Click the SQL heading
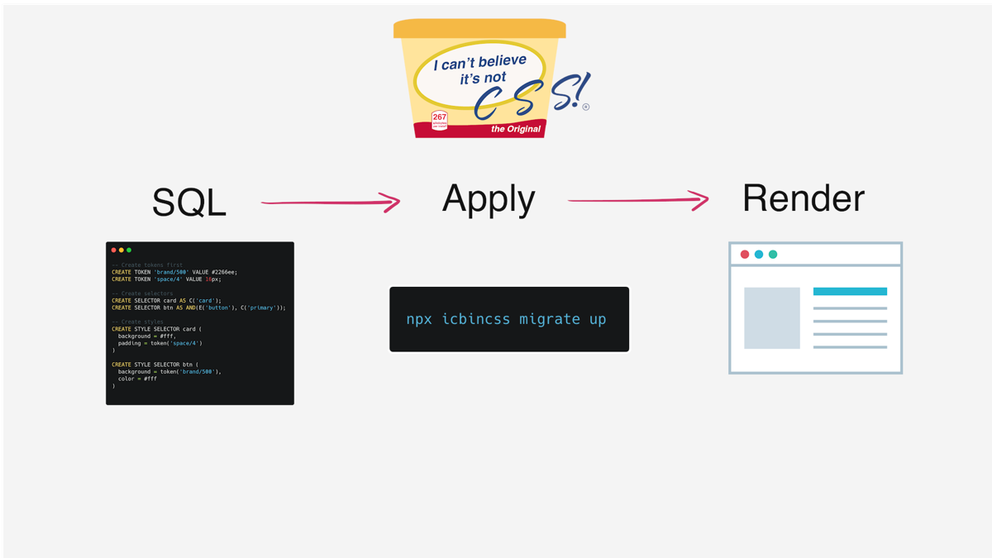[x=189, y=203]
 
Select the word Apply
[x=489, y=199]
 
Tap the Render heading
[x=803, y=198]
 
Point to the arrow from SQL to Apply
[x=331, y=202]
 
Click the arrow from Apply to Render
[x=637, y=200]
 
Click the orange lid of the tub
[x=479, y=30]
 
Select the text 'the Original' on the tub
[x=516, y=129]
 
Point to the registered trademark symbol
[x=586, y=107]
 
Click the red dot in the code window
[x=114, y=250]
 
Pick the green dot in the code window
[x=129, y=250]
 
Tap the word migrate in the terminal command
[x=550, y=319]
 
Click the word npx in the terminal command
[x=419, y=319]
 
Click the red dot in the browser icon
[x=745, y=255]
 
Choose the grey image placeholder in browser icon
[x=772, y=318]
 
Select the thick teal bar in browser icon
[x=850, y=292]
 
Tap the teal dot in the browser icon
[x=773, y=255]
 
